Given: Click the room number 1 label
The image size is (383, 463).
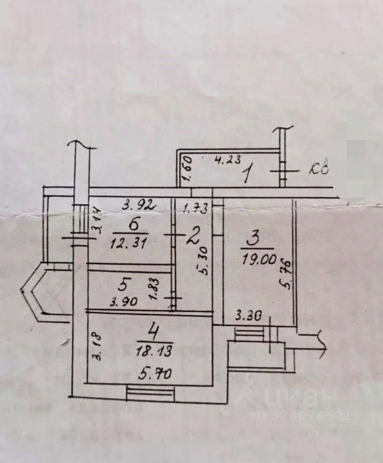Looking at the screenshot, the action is coord(247,175).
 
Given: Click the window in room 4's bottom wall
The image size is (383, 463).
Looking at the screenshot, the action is coord(150,393).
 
